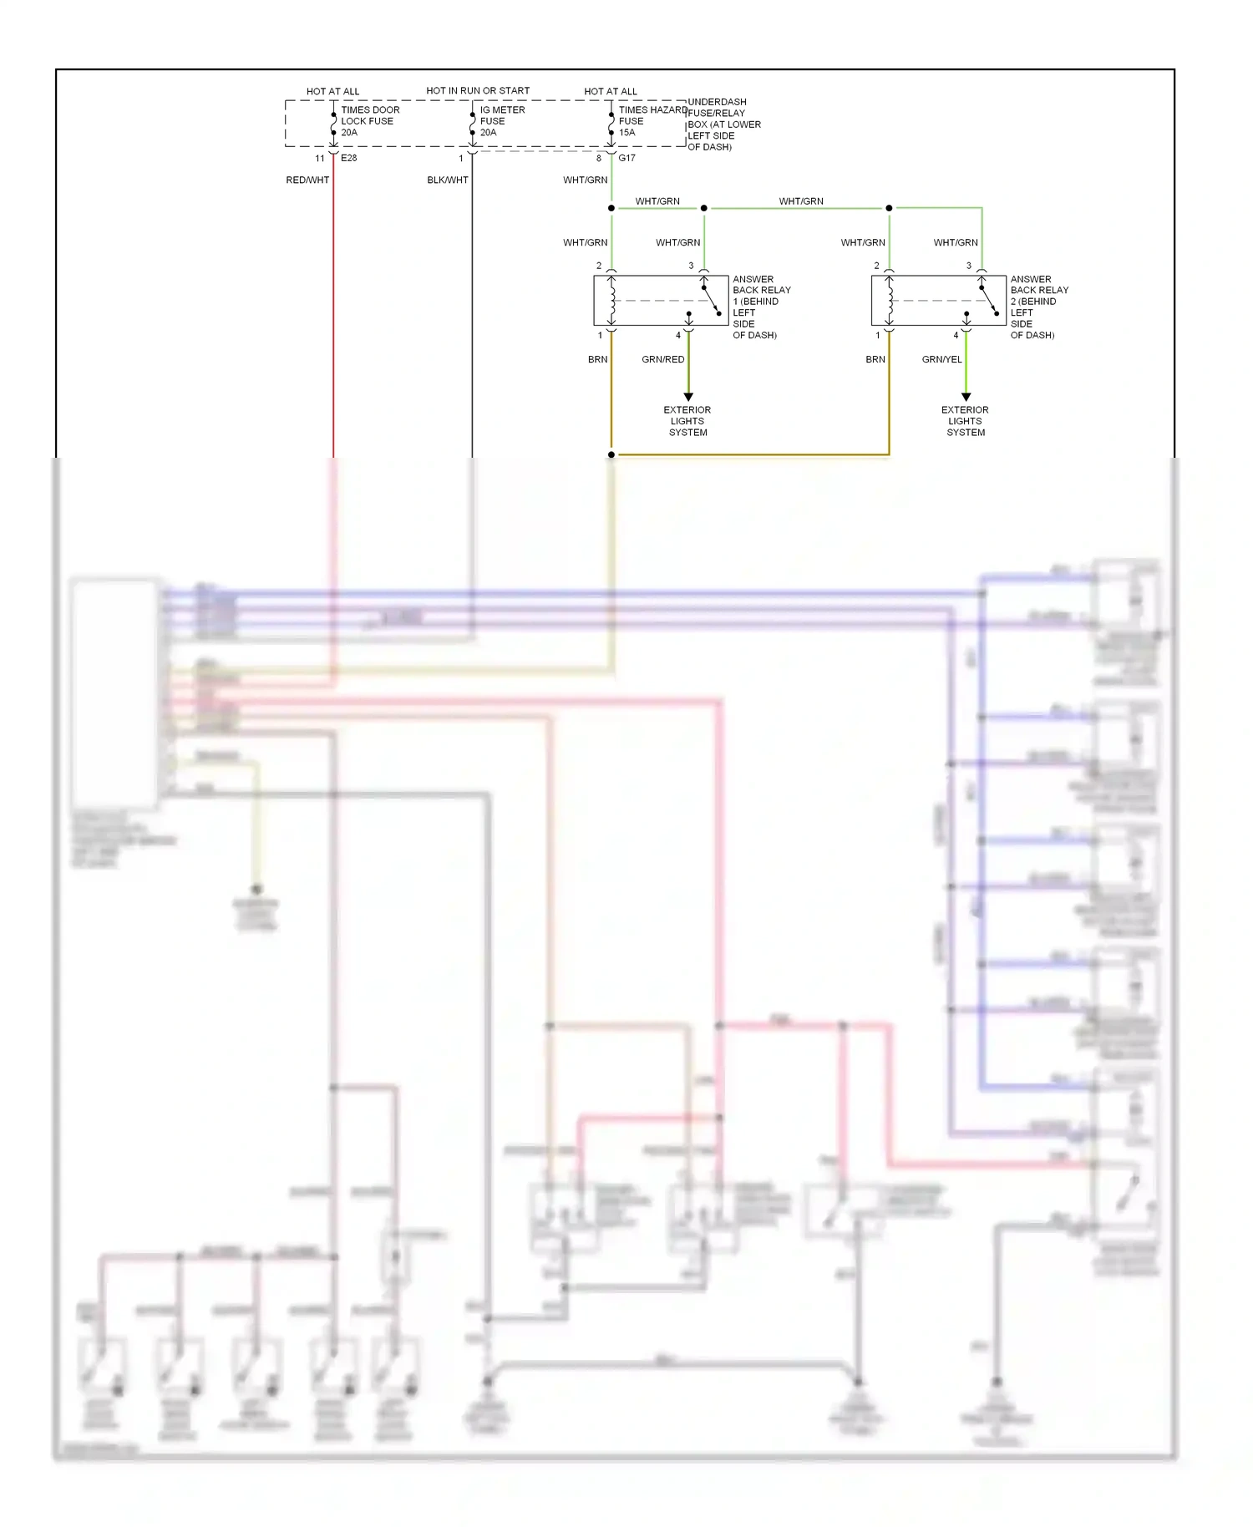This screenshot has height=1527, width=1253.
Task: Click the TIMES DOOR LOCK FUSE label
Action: [369, 121]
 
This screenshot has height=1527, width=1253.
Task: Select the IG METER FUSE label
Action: [502, 121]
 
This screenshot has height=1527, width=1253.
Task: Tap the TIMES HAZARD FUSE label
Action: [652, 121]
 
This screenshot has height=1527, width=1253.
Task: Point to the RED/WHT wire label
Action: [307, 180]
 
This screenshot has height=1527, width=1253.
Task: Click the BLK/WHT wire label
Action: [448, 180]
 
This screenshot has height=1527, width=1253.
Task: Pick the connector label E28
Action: [349, 158]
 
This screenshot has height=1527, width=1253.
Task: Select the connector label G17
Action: [626, 158]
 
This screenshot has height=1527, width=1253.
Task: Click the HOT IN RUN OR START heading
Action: [478, 91]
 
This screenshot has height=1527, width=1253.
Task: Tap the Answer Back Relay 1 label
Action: [761, 307]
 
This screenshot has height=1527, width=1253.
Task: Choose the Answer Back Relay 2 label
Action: [1038, 307]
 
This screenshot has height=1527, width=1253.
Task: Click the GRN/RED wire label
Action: [663, 360]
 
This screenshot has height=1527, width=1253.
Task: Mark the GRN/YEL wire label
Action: [941, 360]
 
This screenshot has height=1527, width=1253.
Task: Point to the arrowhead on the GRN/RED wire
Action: [688, 397]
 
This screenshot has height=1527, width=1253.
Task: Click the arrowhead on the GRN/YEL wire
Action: [966, 397]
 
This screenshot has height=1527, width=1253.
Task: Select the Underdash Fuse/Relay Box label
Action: [723, 124]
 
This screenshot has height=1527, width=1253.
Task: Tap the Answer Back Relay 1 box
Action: [661, 301]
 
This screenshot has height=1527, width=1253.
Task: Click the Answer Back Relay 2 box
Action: [938, 301]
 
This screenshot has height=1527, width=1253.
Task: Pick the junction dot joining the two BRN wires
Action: [611, 454]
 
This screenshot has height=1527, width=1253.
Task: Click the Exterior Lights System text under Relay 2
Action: [966, 421]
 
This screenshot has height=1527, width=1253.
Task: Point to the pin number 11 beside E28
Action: [320, 159]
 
